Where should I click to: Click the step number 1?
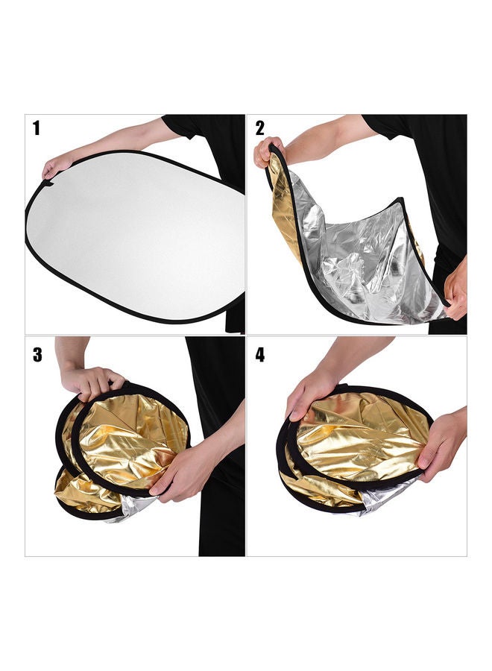coord(36,128)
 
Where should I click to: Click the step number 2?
coord(259,128)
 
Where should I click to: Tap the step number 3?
coord(37,354)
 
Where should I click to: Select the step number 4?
coord(259,354)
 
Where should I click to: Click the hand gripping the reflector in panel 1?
coord(56,166)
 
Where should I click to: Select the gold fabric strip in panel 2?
coord(287,209)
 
